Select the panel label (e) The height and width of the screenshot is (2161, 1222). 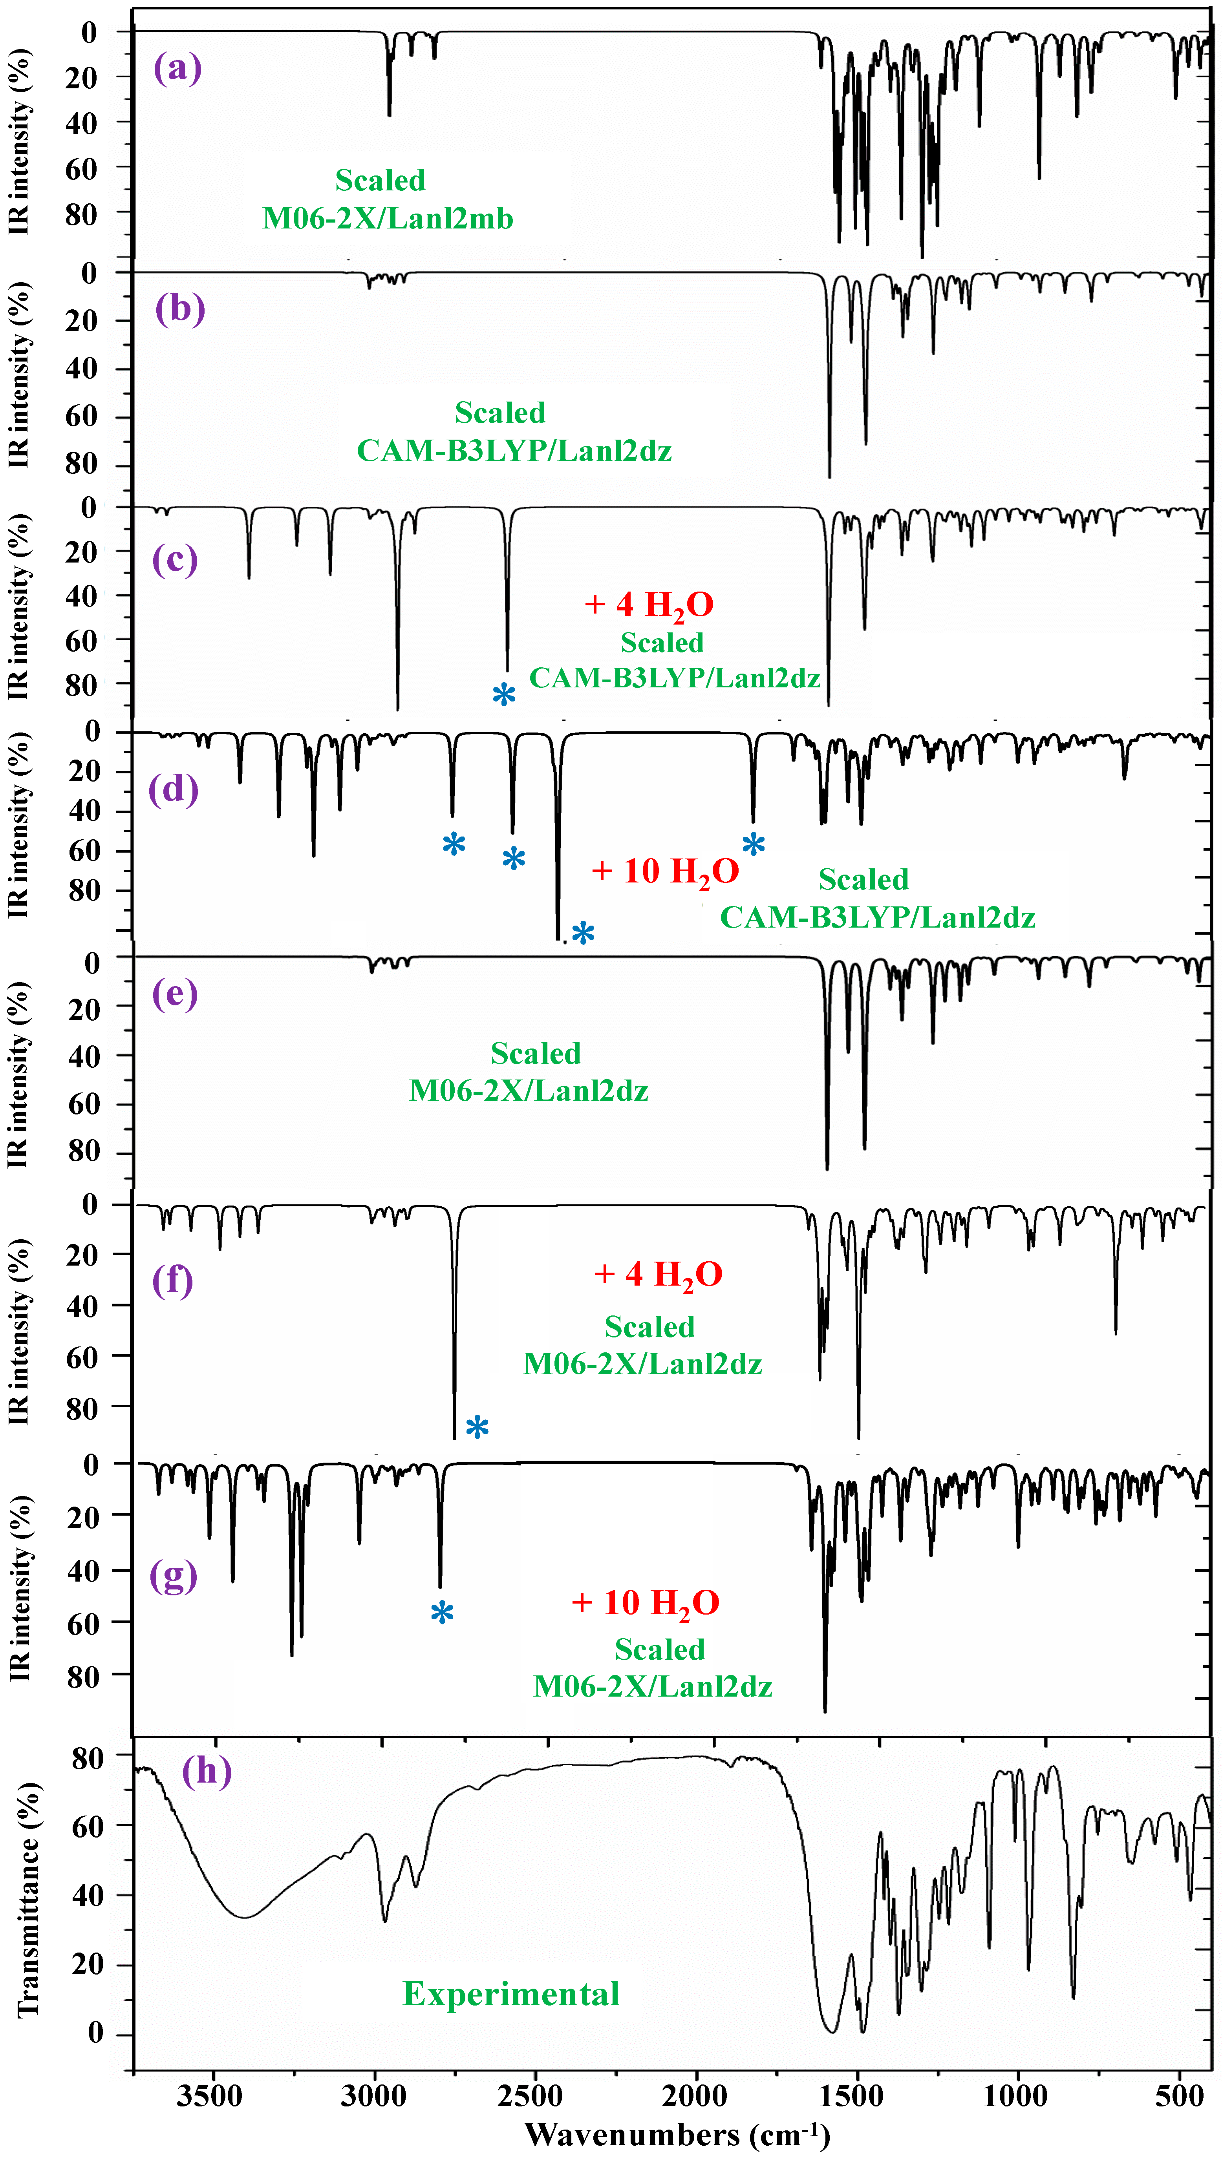[175, 994]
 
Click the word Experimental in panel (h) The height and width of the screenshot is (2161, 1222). [511, 1994]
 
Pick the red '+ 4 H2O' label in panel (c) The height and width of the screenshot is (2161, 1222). [649, 604]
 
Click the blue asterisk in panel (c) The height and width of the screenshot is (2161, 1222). [503, 694]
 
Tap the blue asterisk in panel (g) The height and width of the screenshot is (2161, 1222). [442, 1612]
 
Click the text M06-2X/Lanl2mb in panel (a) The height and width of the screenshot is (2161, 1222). [388, 219]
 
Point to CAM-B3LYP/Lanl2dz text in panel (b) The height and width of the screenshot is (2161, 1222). [514, 451]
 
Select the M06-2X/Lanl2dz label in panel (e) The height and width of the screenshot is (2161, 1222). [529, 1091]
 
